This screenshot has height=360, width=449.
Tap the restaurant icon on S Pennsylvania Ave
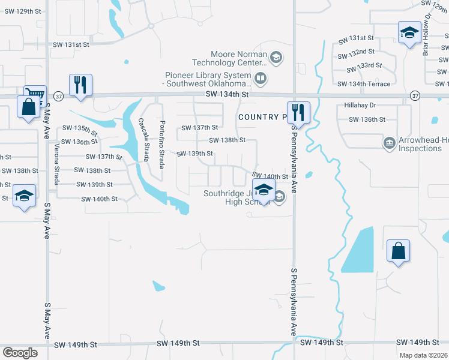pos(297,111)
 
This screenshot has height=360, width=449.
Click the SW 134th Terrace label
pos(364,84)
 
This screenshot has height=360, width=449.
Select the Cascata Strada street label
pos(143,139)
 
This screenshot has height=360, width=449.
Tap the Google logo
pos(20,352)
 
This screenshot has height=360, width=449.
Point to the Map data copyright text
pos(424,355)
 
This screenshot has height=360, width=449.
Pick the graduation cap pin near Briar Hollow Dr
pos(409,32)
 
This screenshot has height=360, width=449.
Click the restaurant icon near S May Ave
pos(80,85)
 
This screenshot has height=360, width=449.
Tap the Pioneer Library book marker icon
pos(261,77)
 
